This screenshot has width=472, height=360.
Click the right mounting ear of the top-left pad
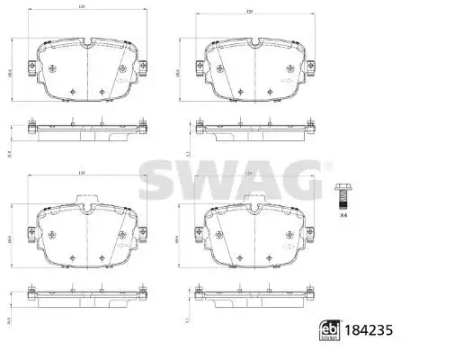click(142, 66)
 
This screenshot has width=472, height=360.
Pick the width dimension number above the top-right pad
click(248, 10)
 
